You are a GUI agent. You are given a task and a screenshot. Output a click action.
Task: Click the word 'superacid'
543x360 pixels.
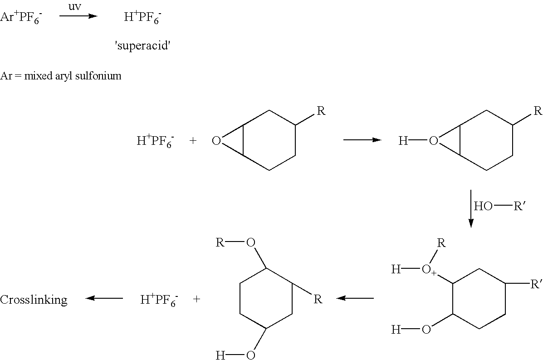pyautogui.click(x=142, y=45)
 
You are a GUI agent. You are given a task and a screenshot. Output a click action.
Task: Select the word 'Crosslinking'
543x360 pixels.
pyautogui.click(x=34, y=299)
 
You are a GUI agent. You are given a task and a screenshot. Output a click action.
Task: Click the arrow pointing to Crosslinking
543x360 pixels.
pyautogui.click(x=104, y=298)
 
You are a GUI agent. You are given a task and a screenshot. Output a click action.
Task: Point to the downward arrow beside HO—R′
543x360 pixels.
pyautogui.click(x=470, y=208)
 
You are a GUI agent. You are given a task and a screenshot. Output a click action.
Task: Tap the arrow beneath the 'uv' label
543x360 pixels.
pyautogui.click(x=78, y=16)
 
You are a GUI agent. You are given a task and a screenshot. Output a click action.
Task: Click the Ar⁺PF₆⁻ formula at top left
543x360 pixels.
pyautogui.click(x=21, y=17)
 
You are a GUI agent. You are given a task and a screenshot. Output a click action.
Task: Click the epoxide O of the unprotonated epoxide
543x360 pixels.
pyautogui.click(x=216, y=141)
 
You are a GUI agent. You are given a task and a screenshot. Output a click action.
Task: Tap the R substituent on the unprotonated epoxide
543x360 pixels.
pyautogui.click(x=321, y=111)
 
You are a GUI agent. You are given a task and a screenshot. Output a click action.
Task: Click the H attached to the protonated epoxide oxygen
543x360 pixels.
pyautogui.click(x=403, y=141)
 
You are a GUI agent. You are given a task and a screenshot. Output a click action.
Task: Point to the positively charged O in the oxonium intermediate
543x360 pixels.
pyautogui.click(x=426, y=270)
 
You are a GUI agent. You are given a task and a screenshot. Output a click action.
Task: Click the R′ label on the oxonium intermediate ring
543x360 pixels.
pyautogui.click(x=536, y=285)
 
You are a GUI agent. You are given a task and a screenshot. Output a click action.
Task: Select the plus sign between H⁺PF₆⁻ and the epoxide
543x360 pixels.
pyautogui.click(x=193, y=141)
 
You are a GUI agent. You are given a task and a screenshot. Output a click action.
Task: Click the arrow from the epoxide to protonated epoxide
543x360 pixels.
pyautogui.click(x=362, y=140)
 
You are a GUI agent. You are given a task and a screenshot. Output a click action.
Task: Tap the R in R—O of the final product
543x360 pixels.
pyautogui.click(x=220, y=242)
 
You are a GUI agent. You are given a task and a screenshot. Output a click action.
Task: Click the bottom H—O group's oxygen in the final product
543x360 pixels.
pyautogui.click(x=251, y=355)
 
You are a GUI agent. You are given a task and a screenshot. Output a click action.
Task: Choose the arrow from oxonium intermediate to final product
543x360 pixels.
pyautogui.click(x=355, y=298)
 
